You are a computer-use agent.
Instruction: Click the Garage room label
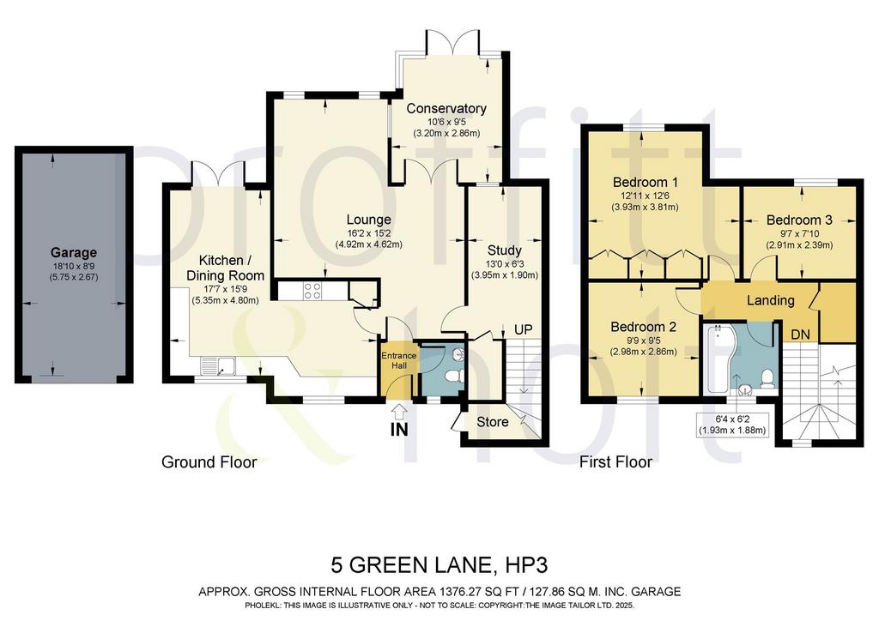[74, 252]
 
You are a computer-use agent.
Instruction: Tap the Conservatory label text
[446, 108]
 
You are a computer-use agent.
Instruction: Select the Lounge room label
[368, 220]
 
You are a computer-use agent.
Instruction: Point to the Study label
[504, 250]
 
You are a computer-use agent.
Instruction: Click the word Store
[493, 422]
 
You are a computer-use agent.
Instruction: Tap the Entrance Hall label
[398, 360]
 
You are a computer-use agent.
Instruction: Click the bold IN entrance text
[398, 430]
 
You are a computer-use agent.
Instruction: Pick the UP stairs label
[523, 330]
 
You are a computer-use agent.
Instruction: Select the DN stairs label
[800, 335]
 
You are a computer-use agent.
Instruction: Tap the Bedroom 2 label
[644, 327]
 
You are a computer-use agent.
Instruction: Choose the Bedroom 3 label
[799, 220]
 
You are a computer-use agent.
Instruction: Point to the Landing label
[770, 301]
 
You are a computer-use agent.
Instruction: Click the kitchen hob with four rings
[312, 290]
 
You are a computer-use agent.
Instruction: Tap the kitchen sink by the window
[219, 365]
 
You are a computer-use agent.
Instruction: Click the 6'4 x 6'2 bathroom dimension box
[732, 425]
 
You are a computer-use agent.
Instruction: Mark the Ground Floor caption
[209, 462]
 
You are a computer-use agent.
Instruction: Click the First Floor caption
[615, 462]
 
